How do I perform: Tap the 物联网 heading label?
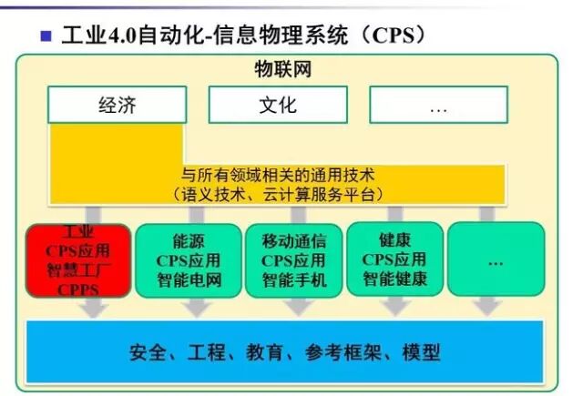[283, 69]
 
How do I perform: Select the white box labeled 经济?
[117, 105]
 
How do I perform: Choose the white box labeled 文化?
[277, 105]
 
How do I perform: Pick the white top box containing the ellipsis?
[438, 105]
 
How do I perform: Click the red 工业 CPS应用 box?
[77, 260]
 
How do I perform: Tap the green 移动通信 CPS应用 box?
[293, 260]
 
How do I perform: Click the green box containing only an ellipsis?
[496, 259]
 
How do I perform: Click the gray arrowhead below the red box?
[92, 310]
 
